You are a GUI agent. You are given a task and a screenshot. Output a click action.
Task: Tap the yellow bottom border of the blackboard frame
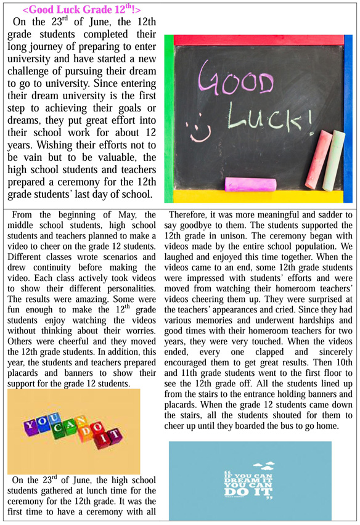(259, 195)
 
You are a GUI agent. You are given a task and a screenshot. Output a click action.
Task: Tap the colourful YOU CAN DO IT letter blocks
(72, 431)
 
